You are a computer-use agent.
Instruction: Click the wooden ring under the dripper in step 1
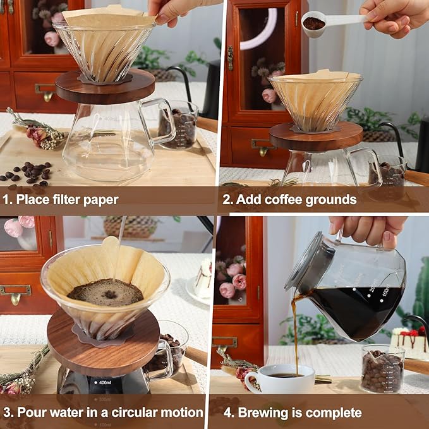[x=105, y=87]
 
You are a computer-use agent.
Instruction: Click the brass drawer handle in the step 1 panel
[x=45, y=91]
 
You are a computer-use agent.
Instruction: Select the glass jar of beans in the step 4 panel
[x=382, y=369]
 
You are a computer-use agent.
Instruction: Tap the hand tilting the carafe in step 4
[x=366, y=227]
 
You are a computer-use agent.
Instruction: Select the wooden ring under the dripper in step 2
[x=316, y=136]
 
